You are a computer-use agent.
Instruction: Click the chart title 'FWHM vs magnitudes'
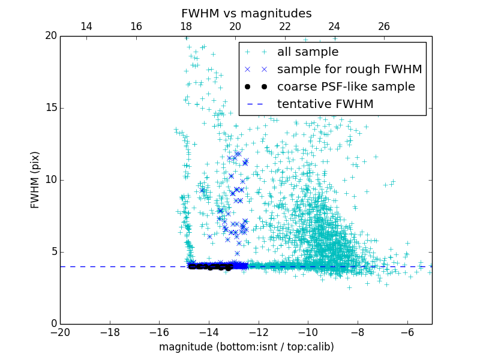coord(246,13)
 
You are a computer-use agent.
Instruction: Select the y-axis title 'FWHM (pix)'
coord(35,180)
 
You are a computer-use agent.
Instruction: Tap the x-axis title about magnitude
coord(246,347)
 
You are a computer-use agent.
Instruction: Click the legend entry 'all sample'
coord(307,52)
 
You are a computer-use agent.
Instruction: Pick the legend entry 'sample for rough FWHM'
coord(349,70)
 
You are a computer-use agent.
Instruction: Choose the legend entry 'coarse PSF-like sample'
coord(346,87)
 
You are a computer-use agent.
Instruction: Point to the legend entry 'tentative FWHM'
coord(325,104)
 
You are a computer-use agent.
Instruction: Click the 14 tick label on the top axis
coord(86,26)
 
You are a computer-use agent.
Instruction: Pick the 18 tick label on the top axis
coord(185,26)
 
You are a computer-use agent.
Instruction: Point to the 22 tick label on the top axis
coord(284,26)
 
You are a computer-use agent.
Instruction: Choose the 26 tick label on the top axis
coord(384,26)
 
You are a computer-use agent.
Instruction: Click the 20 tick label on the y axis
coord(50,36)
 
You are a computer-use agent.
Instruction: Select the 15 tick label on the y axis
coord(50,108)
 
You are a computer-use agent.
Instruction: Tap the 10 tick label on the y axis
coord(50,180)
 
